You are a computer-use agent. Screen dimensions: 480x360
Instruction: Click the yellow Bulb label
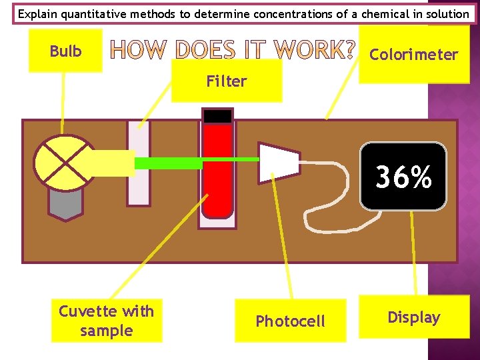tap(65, 51)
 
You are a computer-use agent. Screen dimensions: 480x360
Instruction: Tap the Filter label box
tap(227, 81)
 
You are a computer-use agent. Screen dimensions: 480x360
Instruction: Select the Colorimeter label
tap(413, 55)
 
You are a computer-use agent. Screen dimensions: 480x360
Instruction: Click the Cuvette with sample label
tap(107, 321)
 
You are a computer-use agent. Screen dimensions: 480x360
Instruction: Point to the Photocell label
tap(291, 321)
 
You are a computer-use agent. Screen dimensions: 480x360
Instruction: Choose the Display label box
tap(413, 317)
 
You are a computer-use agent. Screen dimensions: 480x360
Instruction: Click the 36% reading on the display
tap(403, 177)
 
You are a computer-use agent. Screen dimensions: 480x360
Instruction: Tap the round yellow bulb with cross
tap(64, 163)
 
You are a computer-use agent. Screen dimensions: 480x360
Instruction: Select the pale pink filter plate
tap(139, 163)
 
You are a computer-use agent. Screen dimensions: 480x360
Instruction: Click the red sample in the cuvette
tap(218, 173)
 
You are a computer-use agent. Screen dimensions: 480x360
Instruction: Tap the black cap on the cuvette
tap(218, 116)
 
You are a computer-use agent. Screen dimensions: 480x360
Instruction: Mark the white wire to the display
tap(333, 193)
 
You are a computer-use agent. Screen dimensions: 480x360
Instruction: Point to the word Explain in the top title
tap(37, 13)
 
